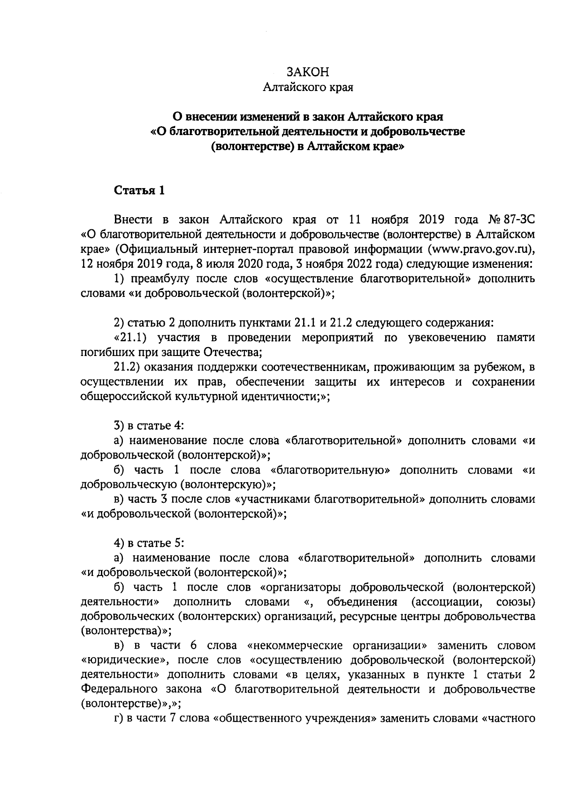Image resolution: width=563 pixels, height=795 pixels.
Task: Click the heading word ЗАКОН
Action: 308,72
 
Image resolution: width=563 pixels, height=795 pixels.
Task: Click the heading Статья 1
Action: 139,191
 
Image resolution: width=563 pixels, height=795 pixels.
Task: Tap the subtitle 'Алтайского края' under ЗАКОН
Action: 308,87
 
